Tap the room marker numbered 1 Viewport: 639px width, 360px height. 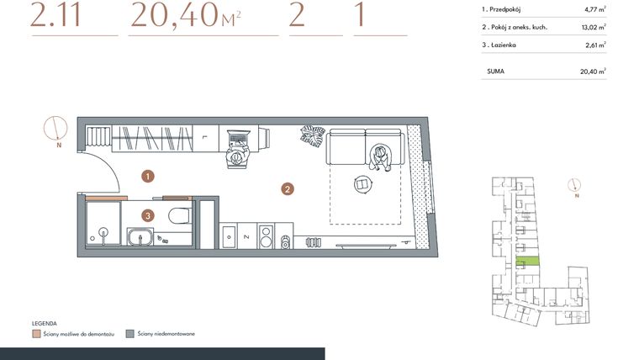pyautogui.click(x=148, y=177)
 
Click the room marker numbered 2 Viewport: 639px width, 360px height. pyautogui.click(x=288, y=189)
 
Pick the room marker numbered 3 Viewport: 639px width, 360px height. pyautogui.click(x=148, y=215)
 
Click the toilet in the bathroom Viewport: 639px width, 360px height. pyautogui.click(x=179, y=216)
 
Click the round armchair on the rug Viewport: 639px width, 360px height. pyautogui.click(x=362, y=183)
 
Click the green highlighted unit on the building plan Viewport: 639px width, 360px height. pyautogui.click(x=527, y=263)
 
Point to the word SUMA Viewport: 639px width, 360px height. pyautogui.click(x=495, y=72)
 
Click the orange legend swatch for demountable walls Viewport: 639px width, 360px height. pyautogui.click(x=35, y=333)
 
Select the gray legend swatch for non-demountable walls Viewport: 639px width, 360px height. pyautogui.click(x=129, y=333)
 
